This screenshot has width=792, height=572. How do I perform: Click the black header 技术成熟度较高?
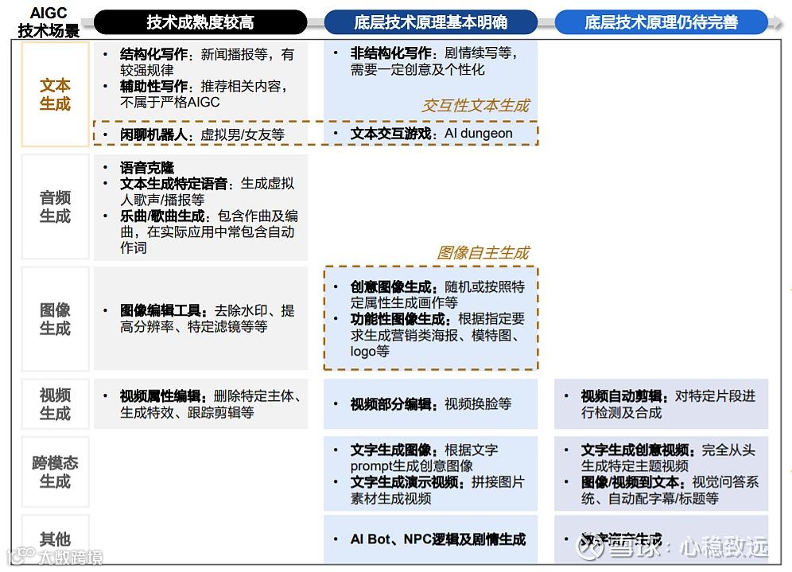click(x=200, y=22)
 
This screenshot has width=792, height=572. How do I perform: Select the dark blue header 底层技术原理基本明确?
click(x=430, y=22)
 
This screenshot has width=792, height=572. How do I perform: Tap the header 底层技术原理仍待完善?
click(x=661, y=22)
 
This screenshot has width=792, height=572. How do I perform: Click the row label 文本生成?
click(x=55, y=95)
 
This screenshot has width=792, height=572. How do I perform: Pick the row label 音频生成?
click(x=55, y=207)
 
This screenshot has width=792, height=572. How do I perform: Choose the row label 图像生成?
click(x=55, y=319)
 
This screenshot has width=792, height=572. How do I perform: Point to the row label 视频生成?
click(x=55, y=404)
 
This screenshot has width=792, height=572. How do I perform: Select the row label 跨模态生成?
click(x=55, y=473)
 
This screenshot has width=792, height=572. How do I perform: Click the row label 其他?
click(x=55, y=539)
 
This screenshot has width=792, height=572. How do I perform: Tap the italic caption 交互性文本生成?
click(x=475, y=106)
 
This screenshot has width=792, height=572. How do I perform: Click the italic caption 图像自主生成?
click(x=483, y=253)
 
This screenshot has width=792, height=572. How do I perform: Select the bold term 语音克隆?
click(x=147, y=168)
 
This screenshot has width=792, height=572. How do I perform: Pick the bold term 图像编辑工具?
click(x=163, y=310)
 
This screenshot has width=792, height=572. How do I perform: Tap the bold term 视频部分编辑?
click(x=394, y=404)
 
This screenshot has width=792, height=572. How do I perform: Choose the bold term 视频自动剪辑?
click(x=624, y=396)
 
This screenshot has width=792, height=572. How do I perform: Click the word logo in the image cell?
click(x=363, y=351)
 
